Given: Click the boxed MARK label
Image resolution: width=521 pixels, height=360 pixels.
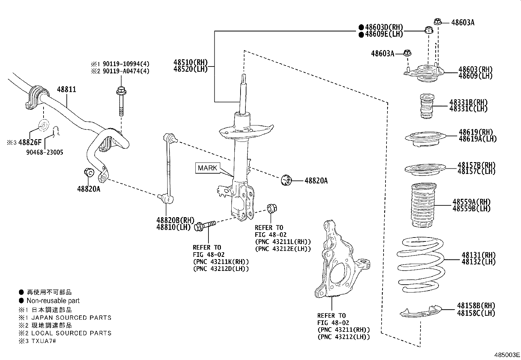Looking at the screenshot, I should coord(207,168).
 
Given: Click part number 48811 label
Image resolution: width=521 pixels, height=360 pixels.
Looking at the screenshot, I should coord(66,89).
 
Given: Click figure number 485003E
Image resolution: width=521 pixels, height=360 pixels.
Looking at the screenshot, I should coord(507,355).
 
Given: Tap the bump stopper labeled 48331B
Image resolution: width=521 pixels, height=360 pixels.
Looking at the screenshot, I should coord(427,107).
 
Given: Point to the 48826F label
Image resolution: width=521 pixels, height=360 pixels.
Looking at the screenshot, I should coord(30,142).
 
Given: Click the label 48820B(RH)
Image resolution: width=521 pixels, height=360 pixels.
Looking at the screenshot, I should coord(175,220).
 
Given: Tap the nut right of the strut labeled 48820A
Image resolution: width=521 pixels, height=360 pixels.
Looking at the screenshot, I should coord(286,180).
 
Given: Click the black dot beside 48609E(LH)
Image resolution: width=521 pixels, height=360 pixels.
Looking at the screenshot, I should coord(361,34).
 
